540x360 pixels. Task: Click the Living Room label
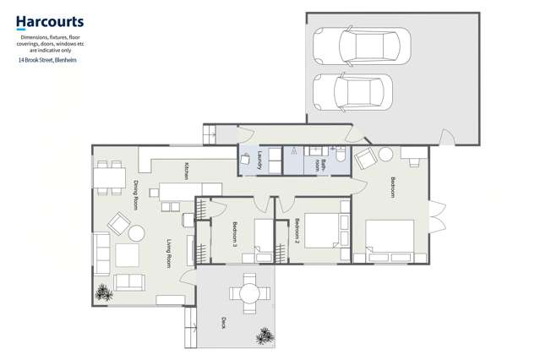(x=169, y=254)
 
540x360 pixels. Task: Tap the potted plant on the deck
(x=265, y=335)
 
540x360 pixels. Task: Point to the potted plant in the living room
(x=104, y=292)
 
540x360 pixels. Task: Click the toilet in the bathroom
(x=339, y=154)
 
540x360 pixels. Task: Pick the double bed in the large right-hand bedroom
(x=390, y=238)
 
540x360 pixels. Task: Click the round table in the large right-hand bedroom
(x=385, y=155)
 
